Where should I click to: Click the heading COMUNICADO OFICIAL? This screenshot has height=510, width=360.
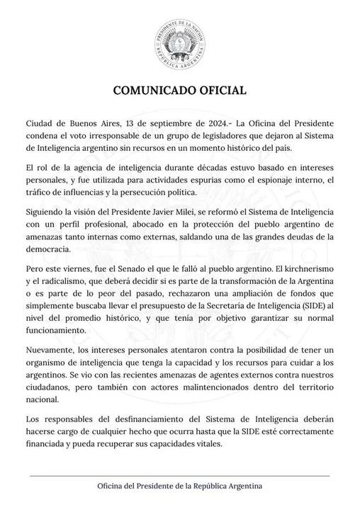point(179,91)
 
